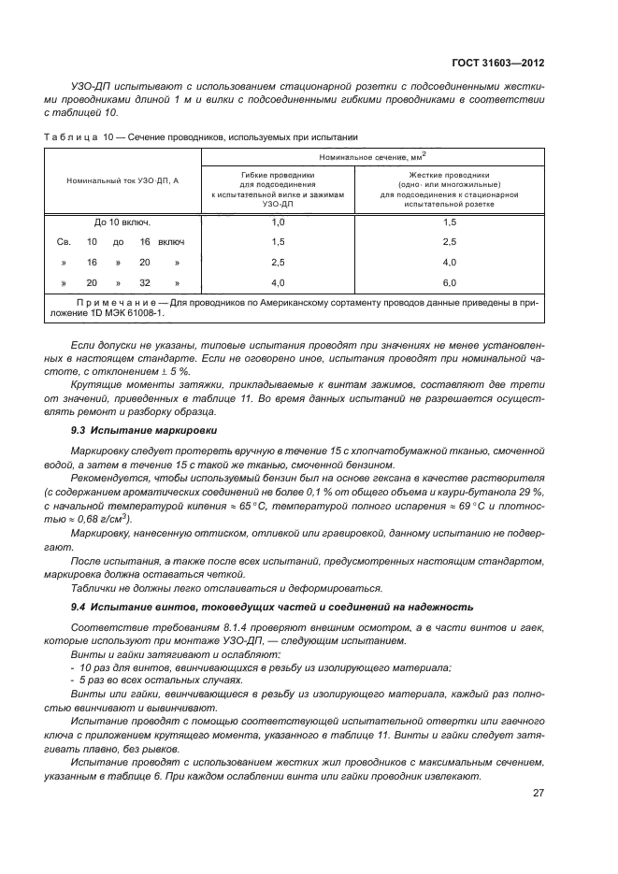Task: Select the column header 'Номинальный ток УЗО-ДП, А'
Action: click(x=122, y=179)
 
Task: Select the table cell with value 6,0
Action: click(x=449, y=282)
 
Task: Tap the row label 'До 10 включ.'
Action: click(x=122, y=222)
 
